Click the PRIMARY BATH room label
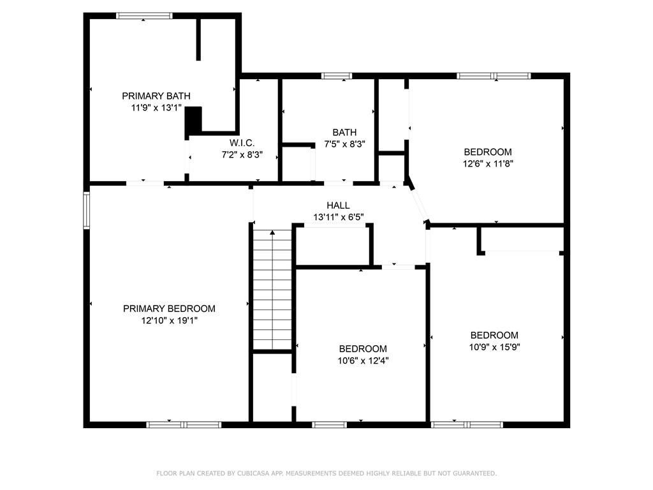pos(156,96)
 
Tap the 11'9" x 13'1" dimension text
pos(156,108)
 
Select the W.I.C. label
pos(242,143)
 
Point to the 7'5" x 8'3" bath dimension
pos(344,144)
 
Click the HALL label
pos(338,205)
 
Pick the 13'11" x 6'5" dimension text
pos(339,217)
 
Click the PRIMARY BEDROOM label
pos(169,309)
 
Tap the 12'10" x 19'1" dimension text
pos(169,320)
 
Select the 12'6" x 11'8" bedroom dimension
pos(488,164)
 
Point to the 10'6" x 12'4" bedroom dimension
pos(363,360)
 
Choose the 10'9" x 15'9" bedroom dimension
pos(495,347)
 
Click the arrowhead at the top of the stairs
pos(272,232)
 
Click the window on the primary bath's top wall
pos(143,16)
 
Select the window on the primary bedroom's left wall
pos(86,210)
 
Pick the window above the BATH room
pos(337,76)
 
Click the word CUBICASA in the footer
pos(253,473)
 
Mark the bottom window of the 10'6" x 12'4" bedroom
pos(330,424)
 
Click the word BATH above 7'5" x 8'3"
pos(344,133)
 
